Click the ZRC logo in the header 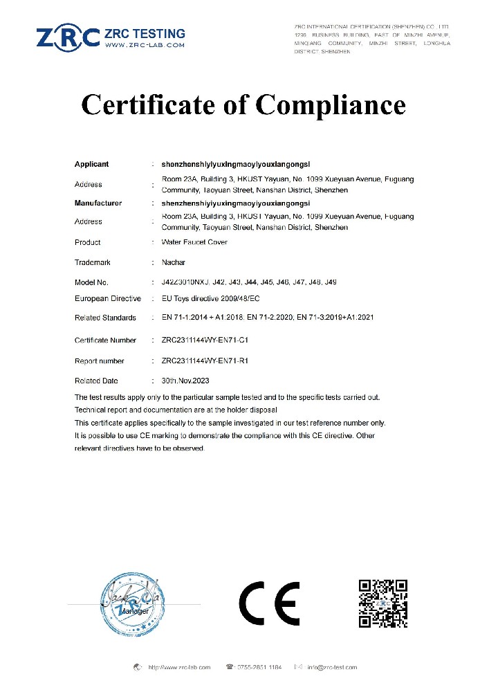[68, 37]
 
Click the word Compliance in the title [331, 104]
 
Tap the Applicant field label [91, 165]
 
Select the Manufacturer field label [98, 203]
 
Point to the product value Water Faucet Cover [194, 242]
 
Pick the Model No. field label [91, 282]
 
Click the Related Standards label [104, 318]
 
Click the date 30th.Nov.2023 [185, 381]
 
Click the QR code [382, 603]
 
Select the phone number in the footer [258, 667]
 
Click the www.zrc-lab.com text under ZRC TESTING [145, 45]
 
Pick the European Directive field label [107, 298]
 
